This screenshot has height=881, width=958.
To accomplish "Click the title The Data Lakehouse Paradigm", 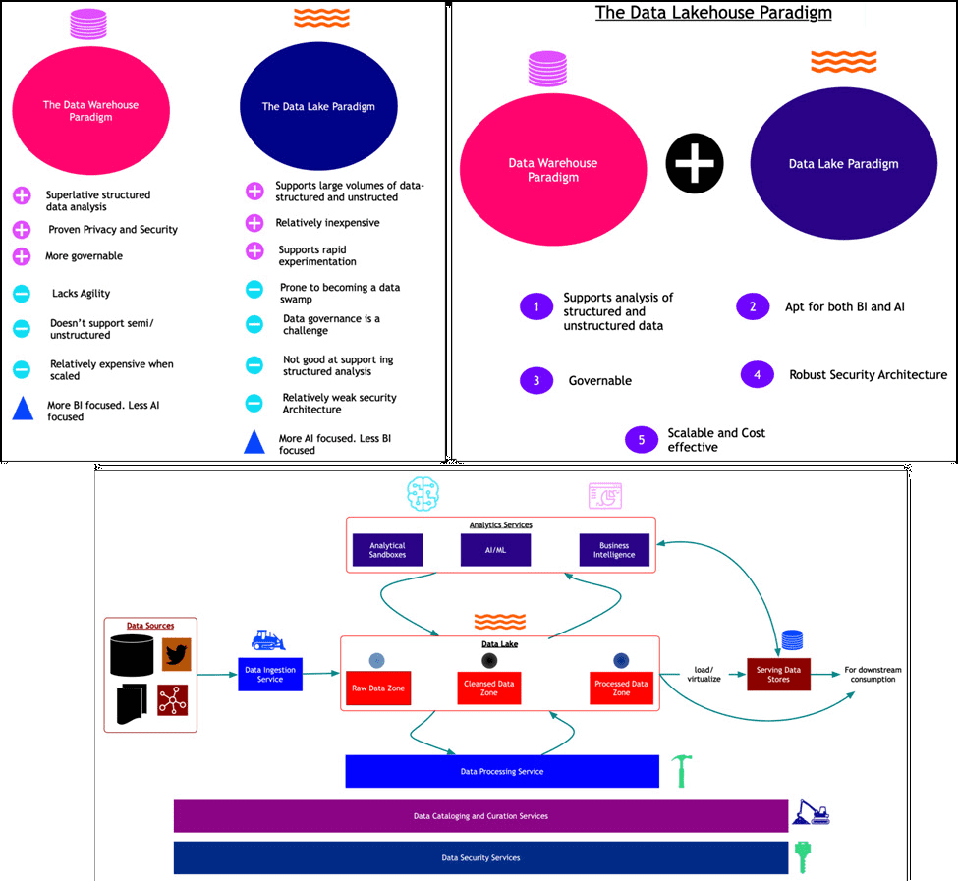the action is click(713, 13).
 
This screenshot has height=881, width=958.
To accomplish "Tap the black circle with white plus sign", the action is click(695, 163).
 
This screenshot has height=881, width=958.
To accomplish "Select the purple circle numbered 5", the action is click(642, 440).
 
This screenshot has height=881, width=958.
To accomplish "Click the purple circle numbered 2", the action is click(753, 306).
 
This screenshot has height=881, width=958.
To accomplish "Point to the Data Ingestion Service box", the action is click(270, 674).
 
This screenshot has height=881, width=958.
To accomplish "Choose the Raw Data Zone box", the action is click(378, 688).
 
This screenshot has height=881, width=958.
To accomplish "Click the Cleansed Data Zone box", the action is click(488, 688).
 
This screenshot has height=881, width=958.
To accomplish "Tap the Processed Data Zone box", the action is click(621, 688).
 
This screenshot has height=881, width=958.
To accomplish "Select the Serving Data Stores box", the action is click(778, 674).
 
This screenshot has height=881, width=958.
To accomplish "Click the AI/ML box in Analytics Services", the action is click(495, 550).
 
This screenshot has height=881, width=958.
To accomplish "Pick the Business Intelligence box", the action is click(614, 550).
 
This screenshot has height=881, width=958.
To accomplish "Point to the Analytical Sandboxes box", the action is click(387, 550).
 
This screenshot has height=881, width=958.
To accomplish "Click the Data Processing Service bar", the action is click(502, 771).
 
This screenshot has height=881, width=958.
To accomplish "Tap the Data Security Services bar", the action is click(480, 857).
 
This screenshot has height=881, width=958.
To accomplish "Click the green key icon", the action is click(802, 857).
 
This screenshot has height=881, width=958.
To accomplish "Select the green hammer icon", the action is click(682, 771).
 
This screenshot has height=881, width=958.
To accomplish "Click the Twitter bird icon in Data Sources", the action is click(177, 654).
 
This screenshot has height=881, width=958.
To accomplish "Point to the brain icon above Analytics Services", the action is click(423, 494).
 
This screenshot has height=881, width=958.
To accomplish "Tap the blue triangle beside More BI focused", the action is click(24, 409).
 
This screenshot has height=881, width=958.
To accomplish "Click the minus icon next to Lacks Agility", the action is click(22, 294).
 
